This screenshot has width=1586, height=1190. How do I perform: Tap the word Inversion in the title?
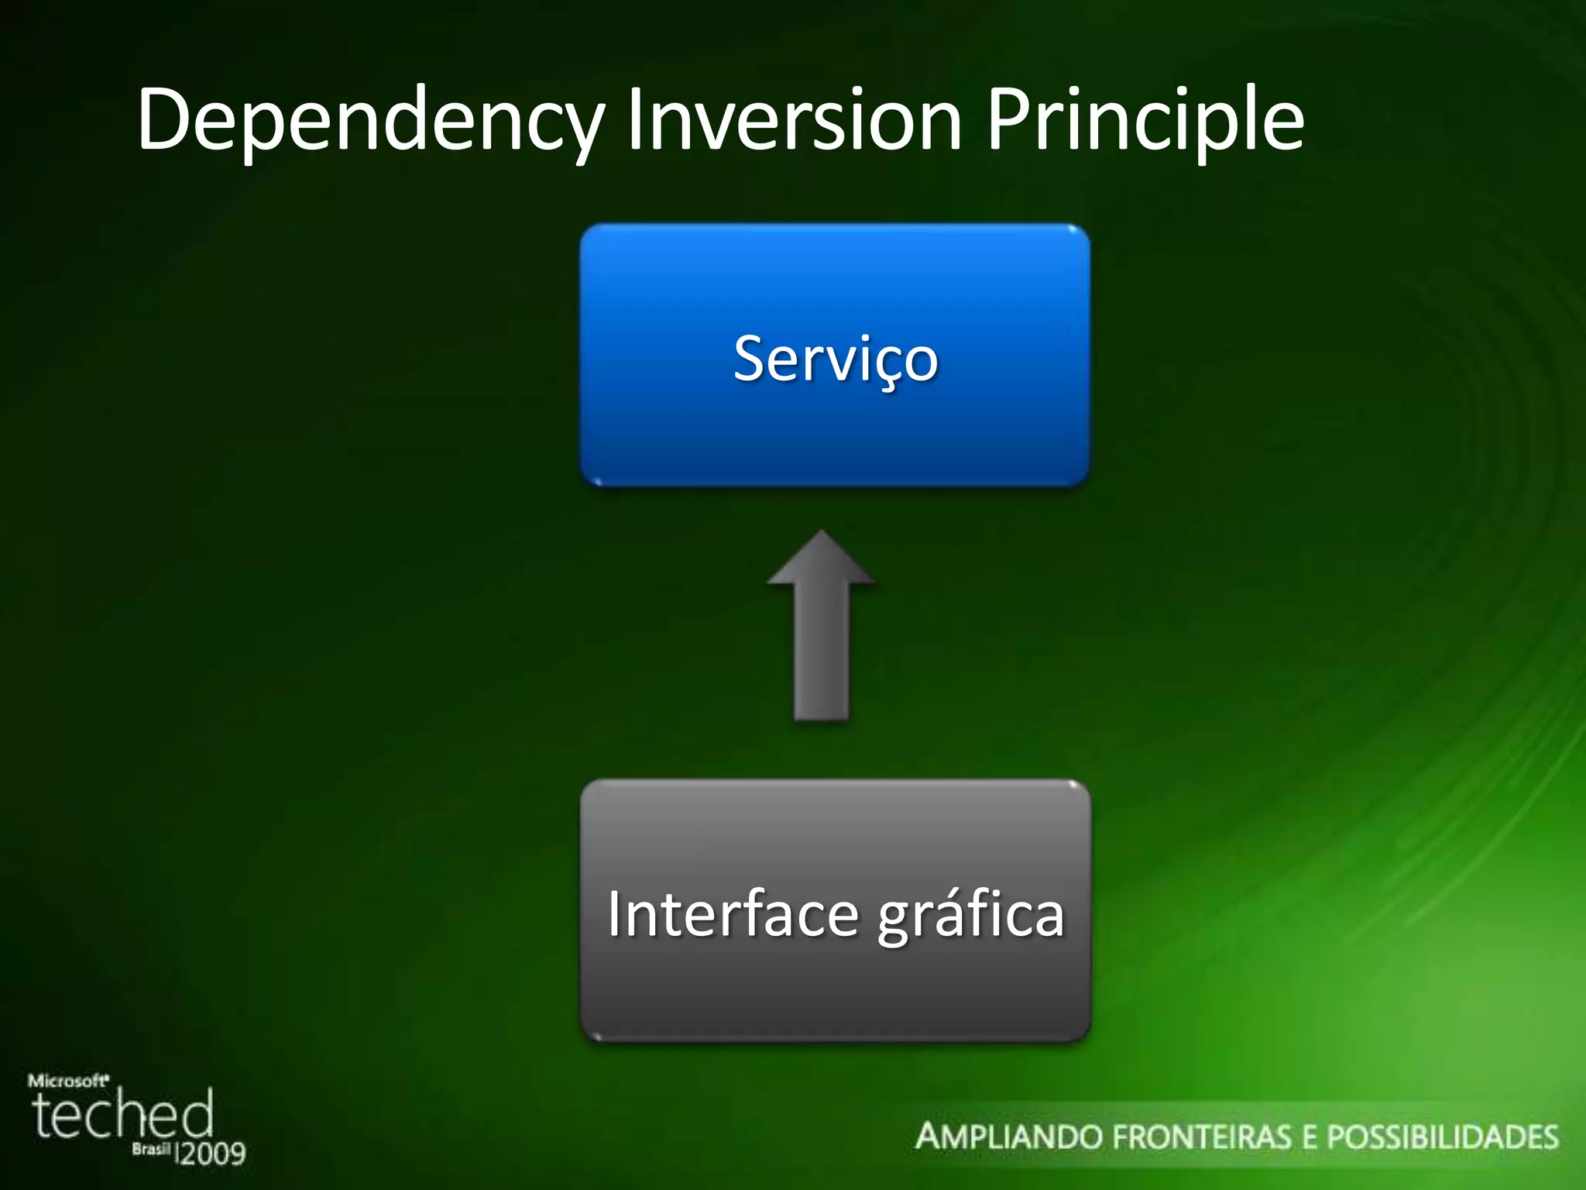pos(795,120)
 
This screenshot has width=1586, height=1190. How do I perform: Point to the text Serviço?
pos(835,359)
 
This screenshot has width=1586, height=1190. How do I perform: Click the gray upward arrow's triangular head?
pos(821,562)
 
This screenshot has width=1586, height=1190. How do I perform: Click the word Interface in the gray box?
pos(732,914)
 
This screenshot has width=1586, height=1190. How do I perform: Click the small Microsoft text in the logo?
pos(68,1080)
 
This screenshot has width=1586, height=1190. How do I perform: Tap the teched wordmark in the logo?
pos(122,1114)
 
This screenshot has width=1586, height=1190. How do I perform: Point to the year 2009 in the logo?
pos(212,1154)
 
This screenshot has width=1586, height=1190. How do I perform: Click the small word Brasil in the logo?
pos(150,1149)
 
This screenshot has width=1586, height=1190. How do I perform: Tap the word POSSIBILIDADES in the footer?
pos(1442,1137)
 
